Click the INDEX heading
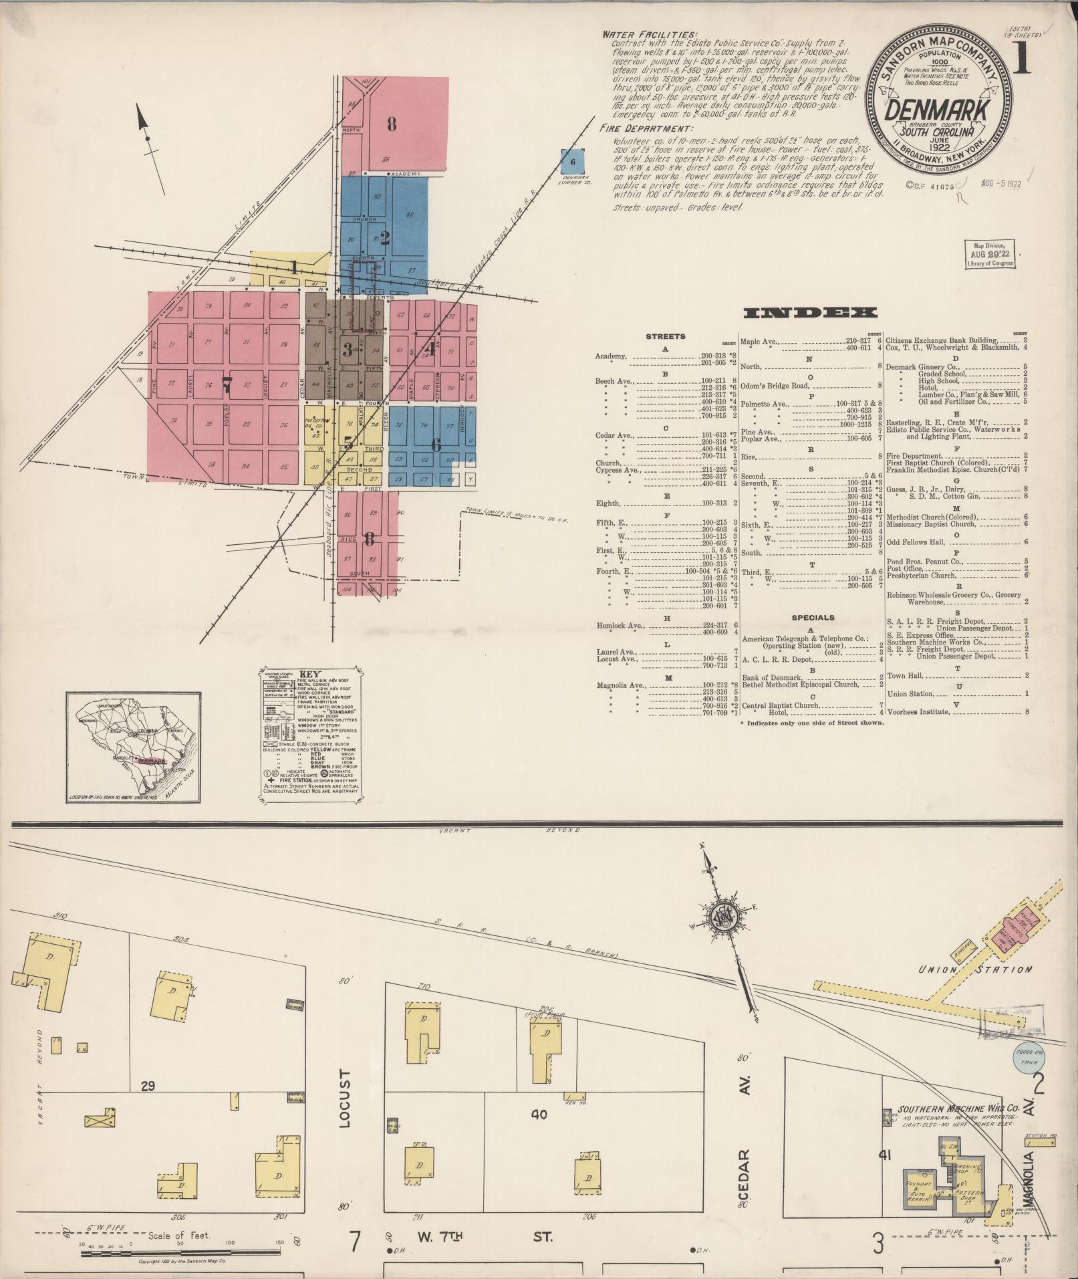pyautogui.click(x=810, y=313)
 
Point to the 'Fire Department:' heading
pyautogui.click(x=646, y=128)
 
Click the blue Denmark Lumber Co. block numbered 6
pyautogui.click(x=573, y=162)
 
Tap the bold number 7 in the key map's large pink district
pyautogui.click(x=227, y=384)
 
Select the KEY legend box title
pyautogui.click(x=311, y=675)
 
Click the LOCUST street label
pyautogui.click(x=344, y=1107)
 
